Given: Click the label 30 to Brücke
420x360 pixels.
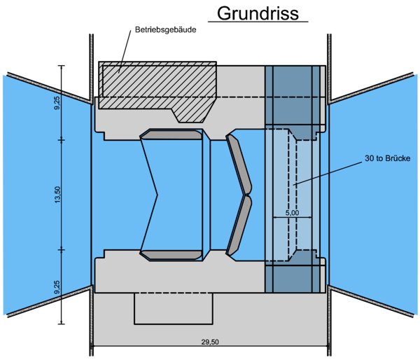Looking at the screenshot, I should (387, 158).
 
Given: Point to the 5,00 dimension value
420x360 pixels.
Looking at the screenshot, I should (293, 212).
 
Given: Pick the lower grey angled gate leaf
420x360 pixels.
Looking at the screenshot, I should (239, 224).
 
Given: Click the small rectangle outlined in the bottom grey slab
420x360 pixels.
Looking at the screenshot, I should (172, 307).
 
